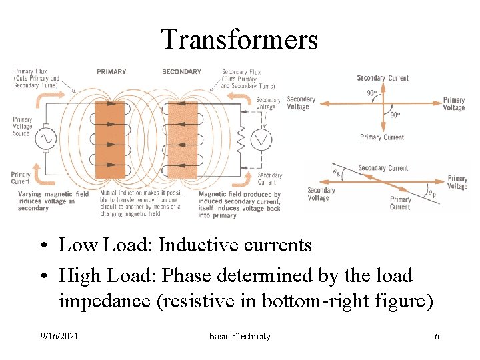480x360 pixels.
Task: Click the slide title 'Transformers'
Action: [x=239, y=39]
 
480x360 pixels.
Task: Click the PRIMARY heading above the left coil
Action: [x=111, y=71]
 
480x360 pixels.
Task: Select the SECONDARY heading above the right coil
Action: [x=181, y=71]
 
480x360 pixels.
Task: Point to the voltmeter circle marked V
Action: [x=263, y=140]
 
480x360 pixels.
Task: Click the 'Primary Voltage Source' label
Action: [x=22, y=127]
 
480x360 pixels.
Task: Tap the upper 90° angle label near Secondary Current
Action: [x=371, y=93]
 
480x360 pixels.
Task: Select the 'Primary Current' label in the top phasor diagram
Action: [x=382, y=137]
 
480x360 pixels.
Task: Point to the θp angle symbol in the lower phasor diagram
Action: [x=432, y=194]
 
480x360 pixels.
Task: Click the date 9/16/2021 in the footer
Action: [x=59, y=336]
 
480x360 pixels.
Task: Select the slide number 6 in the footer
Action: [x=437, y=336]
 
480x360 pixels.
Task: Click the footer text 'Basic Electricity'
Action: [x=239, y=336]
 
